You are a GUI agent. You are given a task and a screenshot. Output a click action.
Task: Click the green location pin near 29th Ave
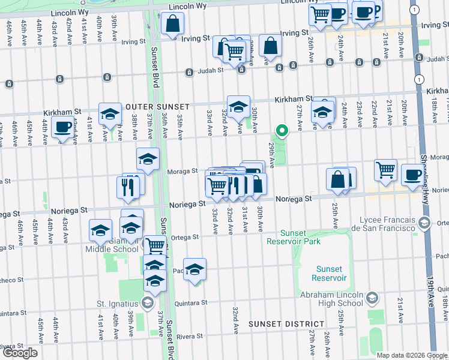281,130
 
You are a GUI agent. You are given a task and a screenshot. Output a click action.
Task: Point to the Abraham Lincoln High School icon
372,298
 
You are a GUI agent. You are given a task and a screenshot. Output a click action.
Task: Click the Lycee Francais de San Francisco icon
424,224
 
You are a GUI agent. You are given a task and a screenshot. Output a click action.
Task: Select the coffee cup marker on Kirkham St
63,127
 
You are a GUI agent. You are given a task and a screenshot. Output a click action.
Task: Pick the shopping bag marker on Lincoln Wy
172,25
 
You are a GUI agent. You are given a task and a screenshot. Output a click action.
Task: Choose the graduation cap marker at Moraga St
148,160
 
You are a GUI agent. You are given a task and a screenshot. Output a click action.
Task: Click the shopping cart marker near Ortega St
156,244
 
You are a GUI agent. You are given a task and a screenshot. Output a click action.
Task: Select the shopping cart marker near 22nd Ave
385,170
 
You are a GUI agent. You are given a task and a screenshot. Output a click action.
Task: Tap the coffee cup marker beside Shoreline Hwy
412,175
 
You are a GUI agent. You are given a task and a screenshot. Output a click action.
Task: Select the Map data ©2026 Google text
412,355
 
